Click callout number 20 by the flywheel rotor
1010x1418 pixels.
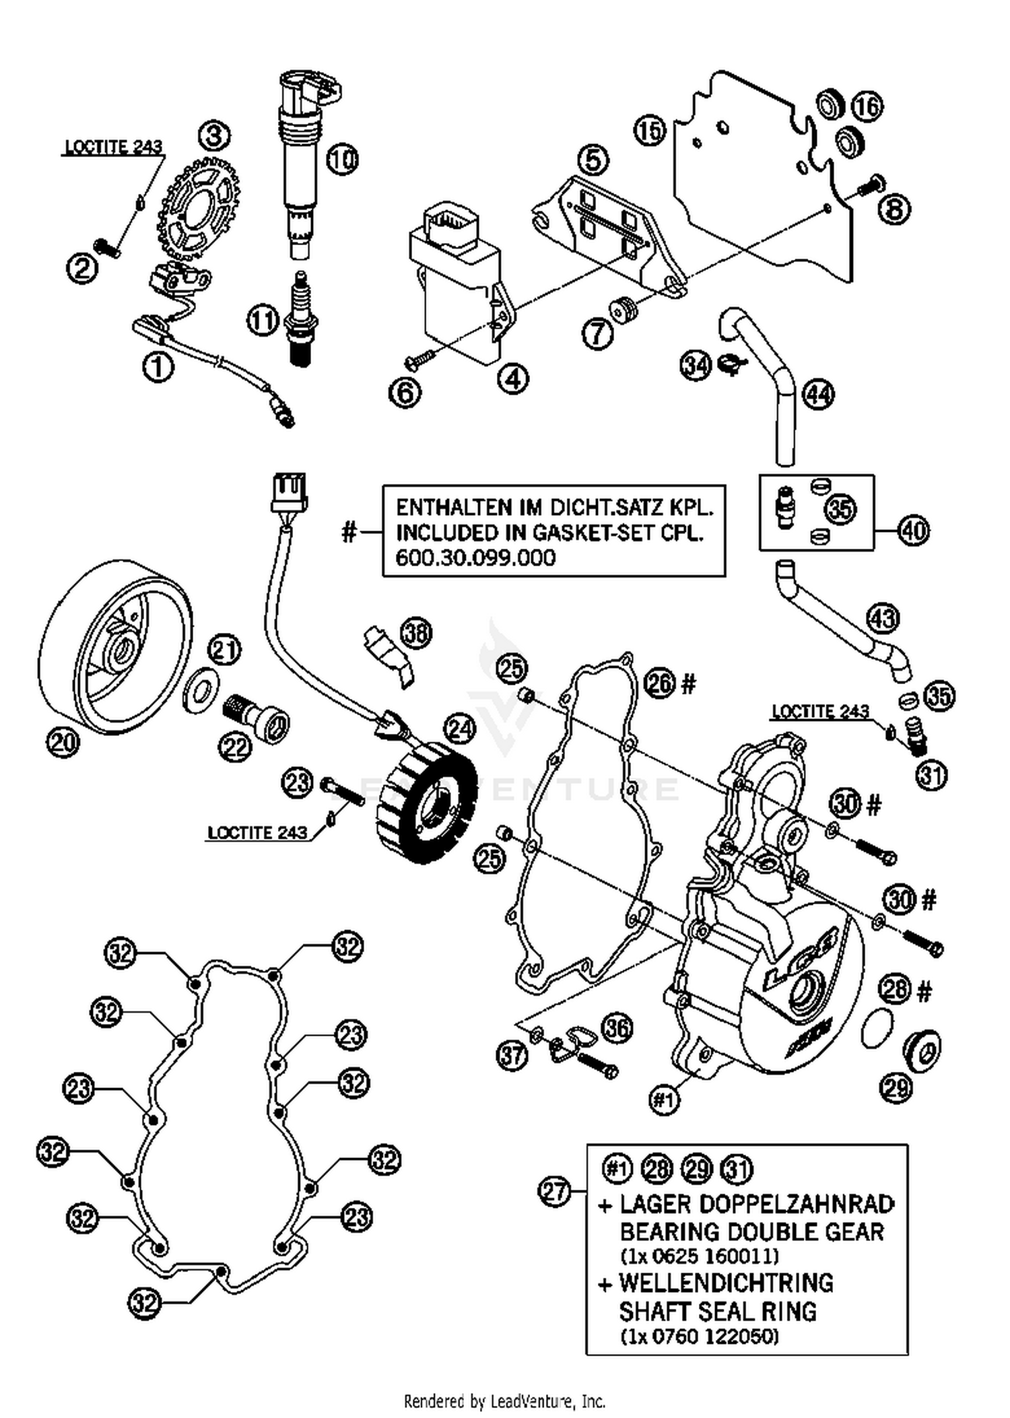coord(63,743)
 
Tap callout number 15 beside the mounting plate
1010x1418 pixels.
coord(650,130)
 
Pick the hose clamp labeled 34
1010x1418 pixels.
coord(731,364)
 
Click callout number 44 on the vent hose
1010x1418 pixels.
coord(818,395)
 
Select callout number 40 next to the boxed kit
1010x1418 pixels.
coord(912,531)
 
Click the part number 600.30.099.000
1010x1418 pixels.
coord(475,558)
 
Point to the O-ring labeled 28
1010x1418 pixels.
coord(877,1027)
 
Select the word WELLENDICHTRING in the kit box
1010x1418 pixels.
coord(726,1283)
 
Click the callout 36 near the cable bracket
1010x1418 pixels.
coord(617,1028)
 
